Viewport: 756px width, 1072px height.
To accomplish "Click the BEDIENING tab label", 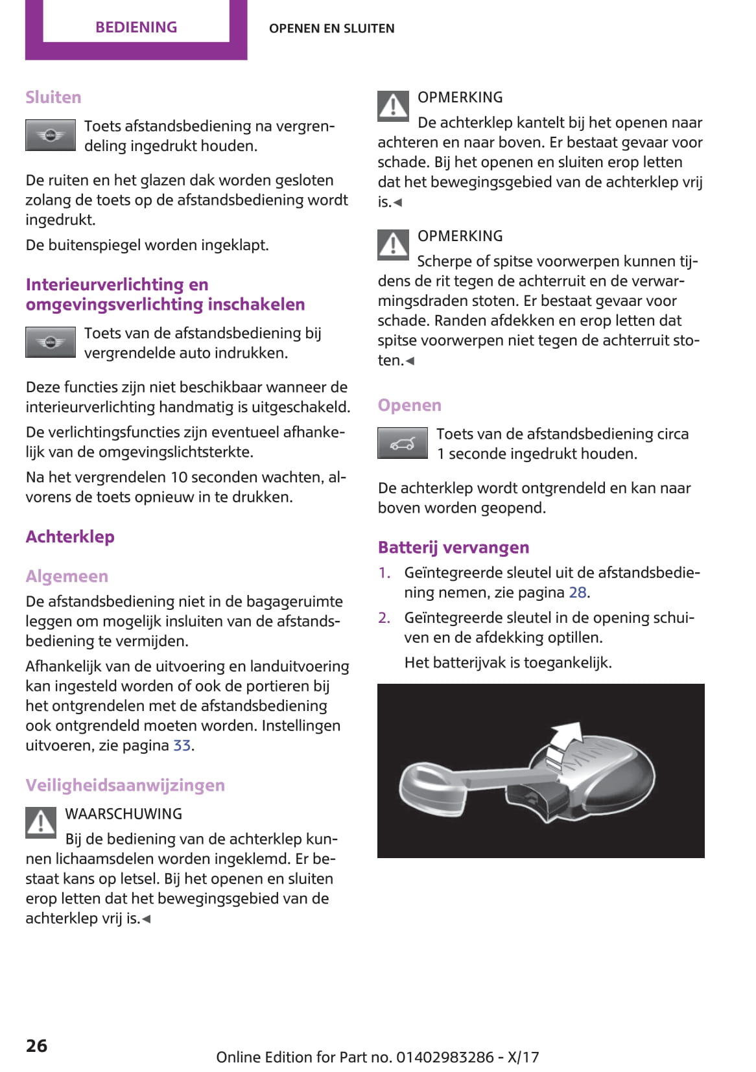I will (136, 27).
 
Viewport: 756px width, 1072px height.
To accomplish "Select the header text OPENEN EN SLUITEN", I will (331, 29).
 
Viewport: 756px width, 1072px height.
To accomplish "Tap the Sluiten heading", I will (53, 97).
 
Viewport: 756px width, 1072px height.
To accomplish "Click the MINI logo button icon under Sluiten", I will (51, 135).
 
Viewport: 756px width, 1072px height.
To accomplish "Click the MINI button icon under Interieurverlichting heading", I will (51, 342).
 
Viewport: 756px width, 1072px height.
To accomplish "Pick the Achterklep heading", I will (70, 537).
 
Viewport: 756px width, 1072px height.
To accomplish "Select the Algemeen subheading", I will (67, 576).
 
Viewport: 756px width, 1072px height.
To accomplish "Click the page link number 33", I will (182, 745).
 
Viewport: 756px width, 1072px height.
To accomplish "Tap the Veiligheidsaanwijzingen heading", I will (125, 785).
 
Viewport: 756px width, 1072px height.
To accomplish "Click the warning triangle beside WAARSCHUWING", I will (41, 822).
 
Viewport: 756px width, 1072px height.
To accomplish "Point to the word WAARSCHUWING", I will (124, 814).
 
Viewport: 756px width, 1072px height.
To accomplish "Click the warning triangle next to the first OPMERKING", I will (393, 106).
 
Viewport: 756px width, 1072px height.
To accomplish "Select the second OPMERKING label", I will (460, 236).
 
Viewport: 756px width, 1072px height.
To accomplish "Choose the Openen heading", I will (409, 405).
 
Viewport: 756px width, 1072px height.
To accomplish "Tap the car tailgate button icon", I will (403, 443).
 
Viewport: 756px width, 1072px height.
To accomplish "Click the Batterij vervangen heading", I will (453, 548).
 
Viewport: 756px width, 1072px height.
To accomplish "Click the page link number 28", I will (578, 592).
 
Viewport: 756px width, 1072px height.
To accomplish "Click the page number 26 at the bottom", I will (36, 1045).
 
